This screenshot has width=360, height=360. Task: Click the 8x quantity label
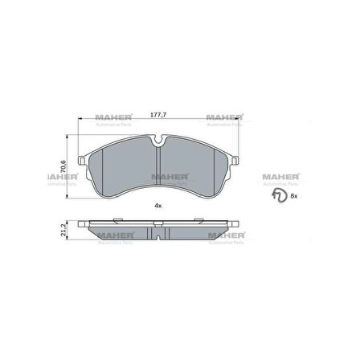pos(293,195)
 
